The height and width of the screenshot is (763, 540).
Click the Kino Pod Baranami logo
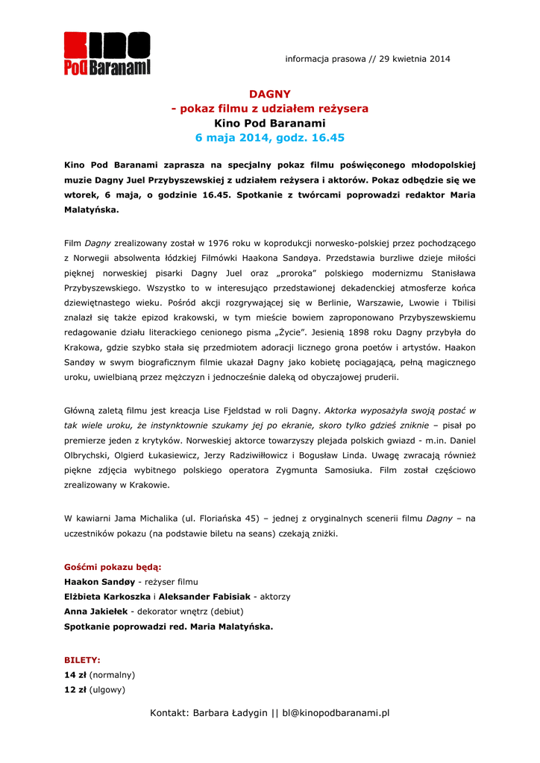click(x=107, y=53)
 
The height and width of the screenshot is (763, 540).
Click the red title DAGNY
click(x=269, y=94)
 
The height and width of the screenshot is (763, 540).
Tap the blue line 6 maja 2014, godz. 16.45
click(x=269, y=138)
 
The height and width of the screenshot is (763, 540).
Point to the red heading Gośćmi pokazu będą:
click(x=113, y=567)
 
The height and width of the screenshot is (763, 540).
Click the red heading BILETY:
click(x=82, y=660)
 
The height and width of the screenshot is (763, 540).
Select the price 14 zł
click(x=75, y=674)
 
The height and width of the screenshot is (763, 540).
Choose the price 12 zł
click(x=75, y=689)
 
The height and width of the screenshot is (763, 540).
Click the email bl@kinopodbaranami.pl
click(x=336, y=713)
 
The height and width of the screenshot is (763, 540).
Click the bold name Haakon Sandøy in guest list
click(x=99, y=582)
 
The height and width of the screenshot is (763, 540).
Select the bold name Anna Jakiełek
click(x=95, y=612)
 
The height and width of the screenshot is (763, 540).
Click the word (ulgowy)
click(x=107, y=689)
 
